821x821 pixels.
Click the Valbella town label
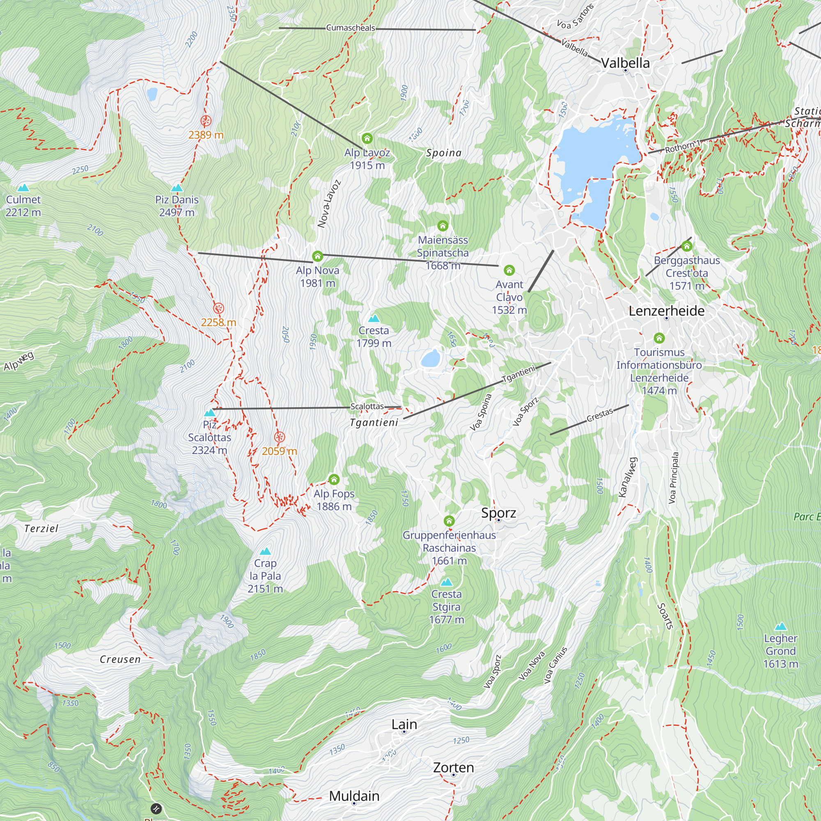click(x=625, y=63)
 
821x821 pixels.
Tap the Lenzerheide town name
click(x=666, y=311)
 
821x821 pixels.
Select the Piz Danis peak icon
click(x=177, y=188)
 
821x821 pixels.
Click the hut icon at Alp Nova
click(x=317, y=256)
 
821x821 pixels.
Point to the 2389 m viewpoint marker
click(x=206, y=121)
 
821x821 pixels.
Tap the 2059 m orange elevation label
click(x=279, y=451)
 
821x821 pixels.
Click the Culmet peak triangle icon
click(x=23, y=188)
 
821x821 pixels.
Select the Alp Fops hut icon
click(x=334, y=480)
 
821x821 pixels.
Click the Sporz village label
click(x=498, y=513)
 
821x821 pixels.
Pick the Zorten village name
click(x=453, y=767)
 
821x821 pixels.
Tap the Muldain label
click(x=354, y=796)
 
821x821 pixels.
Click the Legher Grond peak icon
click(x=781, y=626)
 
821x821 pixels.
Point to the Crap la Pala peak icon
click(x=265, y=552)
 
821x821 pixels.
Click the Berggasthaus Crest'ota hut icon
click(x=687, y=246)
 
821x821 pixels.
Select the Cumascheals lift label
click(x=351, y=28)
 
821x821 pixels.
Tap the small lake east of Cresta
click(x=430, y=359)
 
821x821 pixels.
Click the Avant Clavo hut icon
click(x=509, y=270)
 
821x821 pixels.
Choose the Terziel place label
click(x=41, y=529)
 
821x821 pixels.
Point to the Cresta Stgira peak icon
click(x=446, y=582)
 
